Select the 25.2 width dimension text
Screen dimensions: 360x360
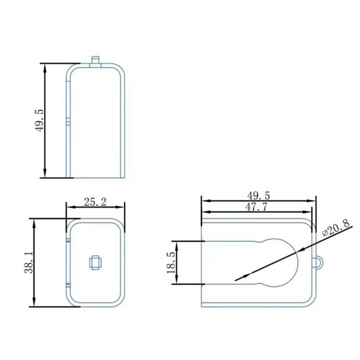point(95,202)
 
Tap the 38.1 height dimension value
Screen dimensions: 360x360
point(28,262)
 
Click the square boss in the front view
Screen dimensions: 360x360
point(95,262)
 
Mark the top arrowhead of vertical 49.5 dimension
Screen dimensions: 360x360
point(45,67)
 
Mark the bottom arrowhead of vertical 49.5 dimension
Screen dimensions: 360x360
point(45,173)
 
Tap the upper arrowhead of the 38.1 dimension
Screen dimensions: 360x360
point(33,223)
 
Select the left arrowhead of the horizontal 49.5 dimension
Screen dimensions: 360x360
point(205,199)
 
